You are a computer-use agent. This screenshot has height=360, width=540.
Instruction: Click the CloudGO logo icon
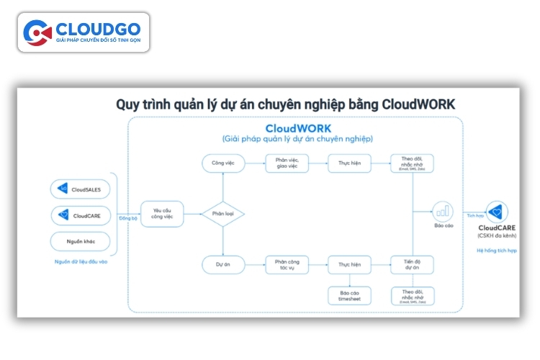coord(37,32)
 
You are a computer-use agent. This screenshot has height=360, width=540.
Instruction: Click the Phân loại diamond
coord(222,214)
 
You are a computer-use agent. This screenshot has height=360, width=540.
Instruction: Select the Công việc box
coord(222,163)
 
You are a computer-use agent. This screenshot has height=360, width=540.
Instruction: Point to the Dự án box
coord(222,264)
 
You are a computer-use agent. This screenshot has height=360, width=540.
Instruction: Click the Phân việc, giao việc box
coord(287,163)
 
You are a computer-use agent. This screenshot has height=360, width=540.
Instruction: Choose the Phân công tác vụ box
coord(287,264)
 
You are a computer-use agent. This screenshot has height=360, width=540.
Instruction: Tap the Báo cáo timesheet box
coord(349,296)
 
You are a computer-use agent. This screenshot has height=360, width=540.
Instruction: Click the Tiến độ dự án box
coord(411,264)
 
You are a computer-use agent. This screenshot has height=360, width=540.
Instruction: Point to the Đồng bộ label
coord(128,218)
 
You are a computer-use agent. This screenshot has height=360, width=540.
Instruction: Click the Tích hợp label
coord(474,216)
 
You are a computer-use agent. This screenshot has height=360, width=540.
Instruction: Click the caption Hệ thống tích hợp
coord(497,250)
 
